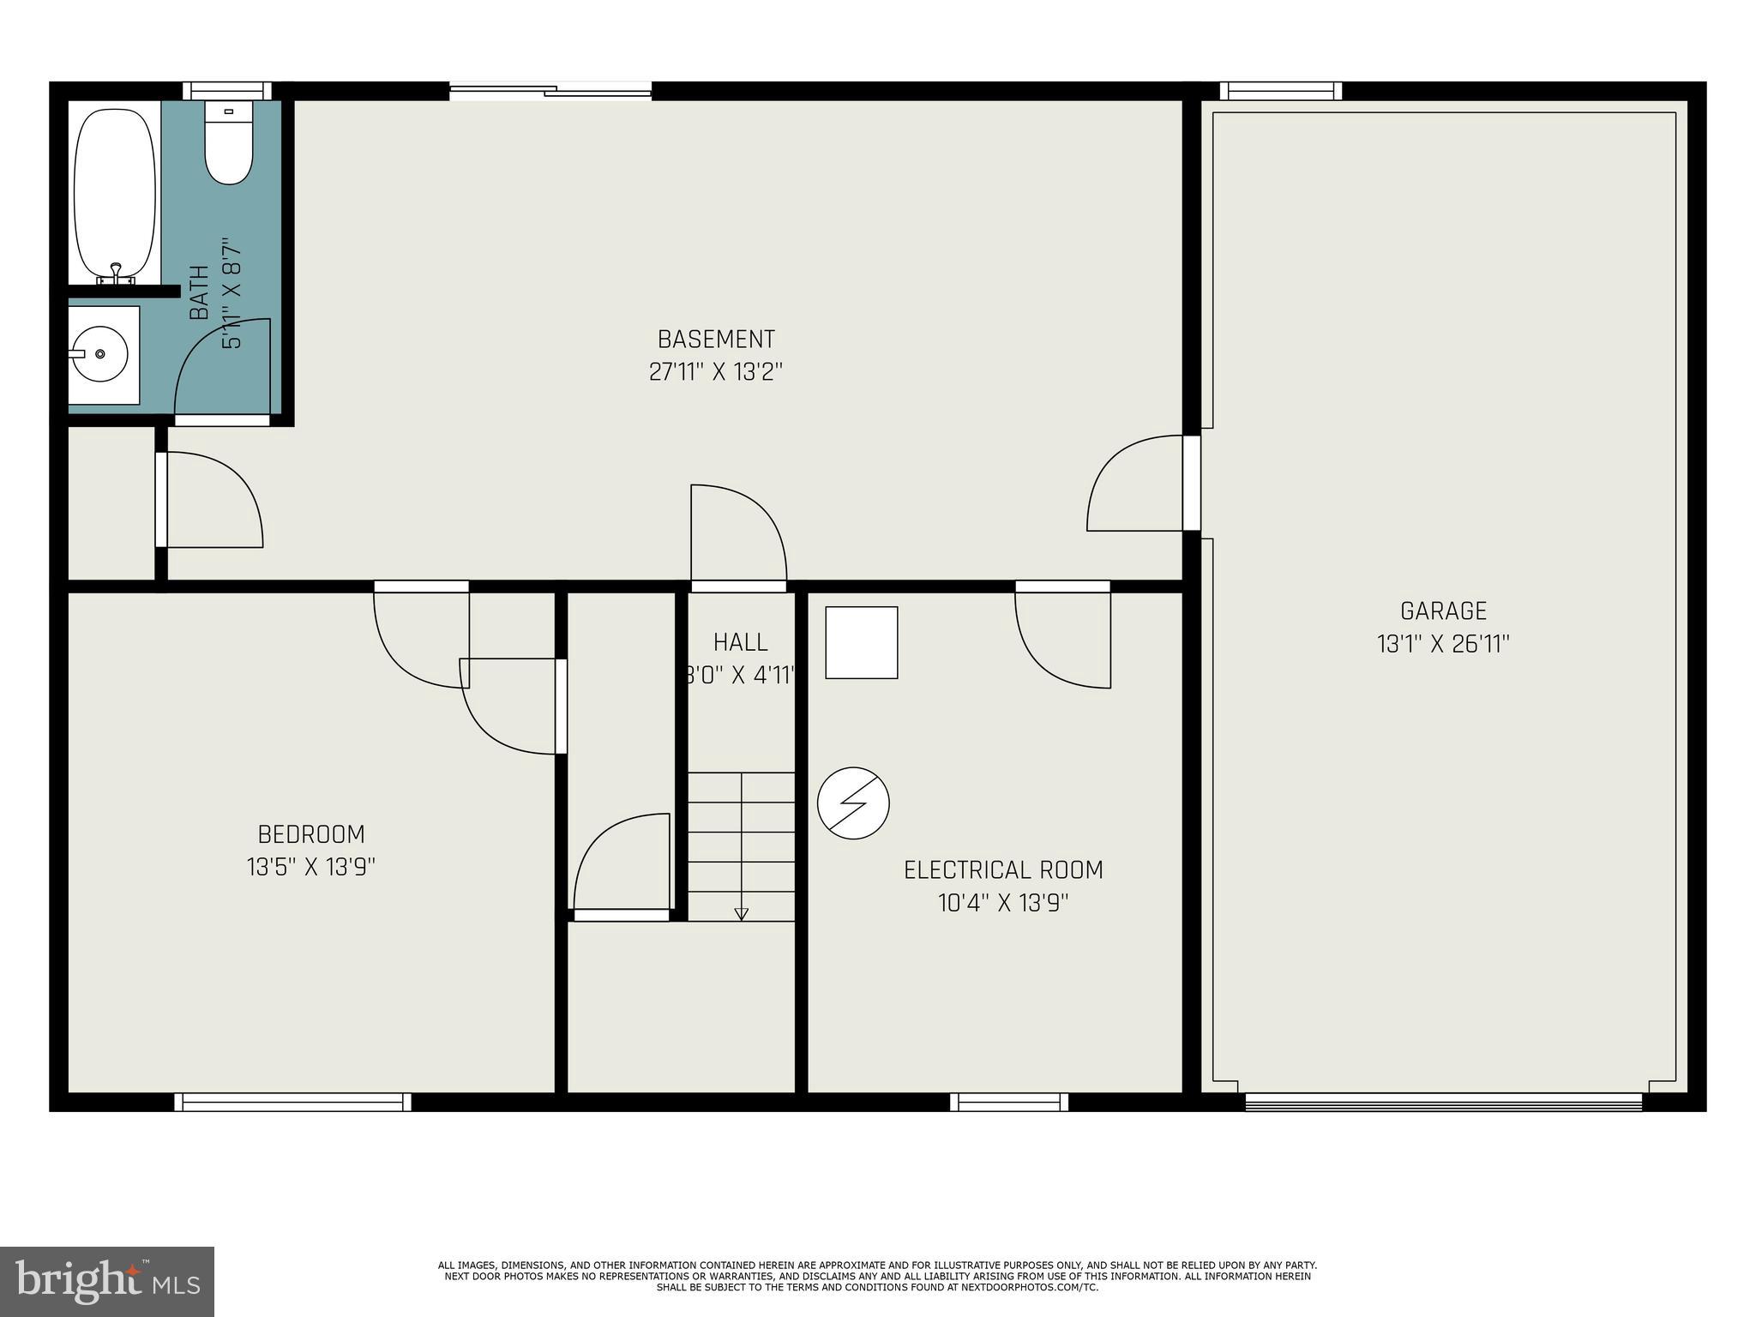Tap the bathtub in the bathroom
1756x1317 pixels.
coord(115,195)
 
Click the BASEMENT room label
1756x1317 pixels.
coord(716,340)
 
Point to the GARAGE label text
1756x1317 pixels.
coord(1443,611)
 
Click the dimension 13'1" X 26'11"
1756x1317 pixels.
coord(1443,644)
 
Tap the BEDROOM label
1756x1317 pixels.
coord(311,834)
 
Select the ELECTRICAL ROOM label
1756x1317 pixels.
coord(1003,869)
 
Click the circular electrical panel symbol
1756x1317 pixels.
coord(853,803)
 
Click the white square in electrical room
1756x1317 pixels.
coord(861,643)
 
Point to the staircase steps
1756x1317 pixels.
coord(741,845)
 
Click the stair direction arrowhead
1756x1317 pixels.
coord(741,914)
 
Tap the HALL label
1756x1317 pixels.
coord(741,642)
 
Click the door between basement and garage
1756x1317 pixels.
coord(1136,484)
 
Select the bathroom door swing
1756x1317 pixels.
coord(223,369)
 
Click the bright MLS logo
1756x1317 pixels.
coord(107,1281)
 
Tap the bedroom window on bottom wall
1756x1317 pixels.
coord(292,1102)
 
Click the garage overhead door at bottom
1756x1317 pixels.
coord(1443,1103)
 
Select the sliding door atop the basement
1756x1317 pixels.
coord(550,90)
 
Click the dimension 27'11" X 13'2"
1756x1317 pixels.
coord(716,372)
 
